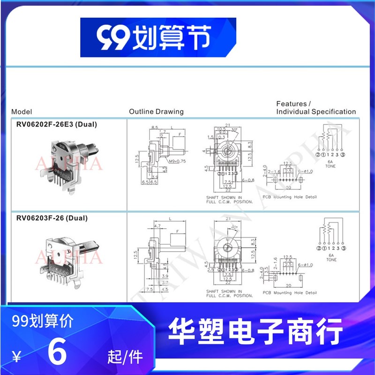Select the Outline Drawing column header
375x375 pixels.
[156, 112]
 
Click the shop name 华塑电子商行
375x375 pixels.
[255, 332]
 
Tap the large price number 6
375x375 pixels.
[57, 354]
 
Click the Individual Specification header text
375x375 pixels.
[316, 112]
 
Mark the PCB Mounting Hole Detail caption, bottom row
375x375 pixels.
[289, 293]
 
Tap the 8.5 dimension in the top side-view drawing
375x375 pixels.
[155, 127]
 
